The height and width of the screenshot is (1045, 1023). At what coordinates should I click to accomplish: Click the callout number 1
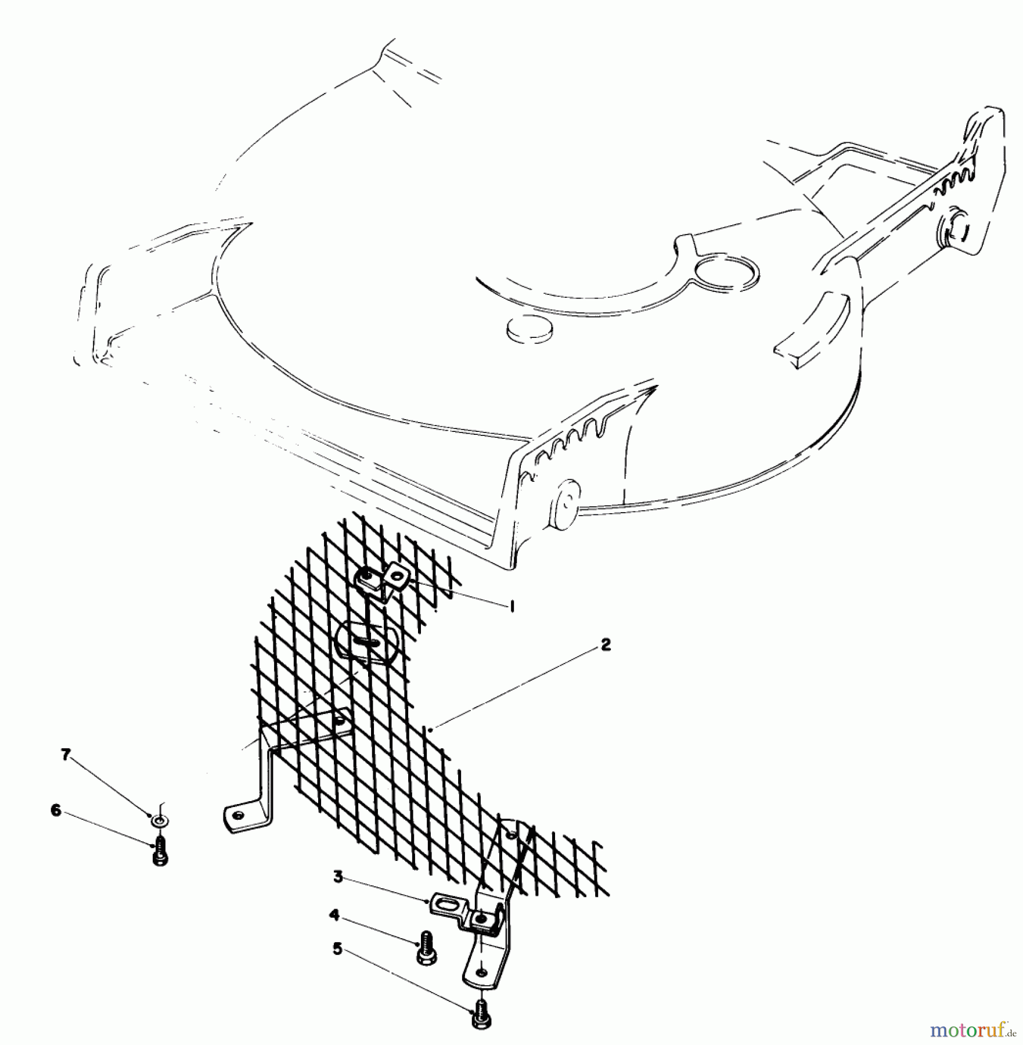(511, 606)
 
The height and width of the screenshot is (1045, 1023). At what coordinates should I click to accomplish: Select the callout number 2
(606, 644)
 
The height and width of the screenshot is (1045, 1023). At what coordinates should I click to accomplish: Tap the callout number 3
(338, 877)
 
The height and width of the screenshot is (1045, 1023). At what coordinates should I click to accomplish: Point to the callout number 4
(334, 916)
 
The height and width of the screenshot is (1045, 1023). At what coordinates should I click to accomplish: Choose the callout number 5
(338, 949)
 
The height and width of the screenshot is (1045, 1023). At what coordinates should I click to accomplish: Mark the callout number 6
(56, 810)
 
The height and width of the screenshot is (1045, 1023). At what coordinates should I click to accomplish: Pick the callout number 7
(66, 754)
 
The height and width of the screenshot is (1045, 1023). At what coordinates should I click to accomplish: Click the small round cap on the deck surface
(529, 330)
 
